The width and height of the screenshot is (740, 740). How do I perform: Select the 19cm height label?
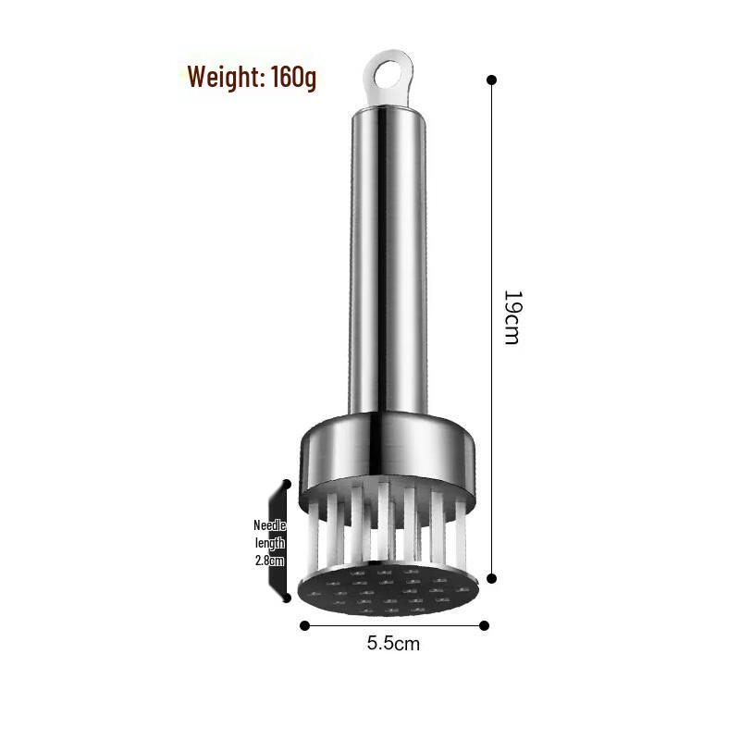coord(512,317)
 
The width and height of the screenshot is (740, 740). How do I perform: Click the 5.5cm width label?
coord(393,642)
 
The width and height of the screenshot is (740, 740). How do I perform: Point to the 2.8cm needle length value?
coord(270,561)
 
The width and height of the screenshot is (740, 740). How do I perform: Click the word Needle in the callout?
coord(270,525)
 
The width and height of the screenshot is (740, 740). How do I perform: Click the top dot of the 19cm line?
coord(491,80)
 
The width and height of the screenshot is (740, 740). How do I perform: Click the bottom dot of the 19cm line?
coord(491,578)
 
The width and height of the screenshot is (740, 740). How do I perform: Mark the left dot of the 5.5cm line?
coord(305,624)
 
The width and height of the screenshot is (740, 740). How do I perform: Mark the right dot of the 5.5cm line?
coord(483,624)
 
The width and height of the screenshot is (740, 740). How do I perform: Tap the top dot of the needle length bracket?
coord(287,484)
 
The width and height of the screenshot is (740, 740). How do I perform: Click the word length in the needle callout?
coord(270,543)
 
